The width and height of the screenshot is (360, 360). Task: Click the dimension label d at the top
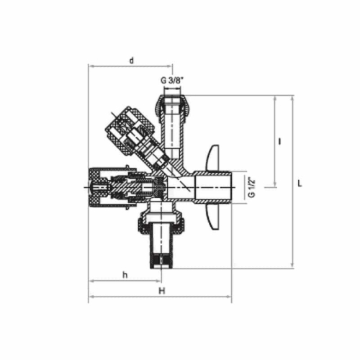(131, 60)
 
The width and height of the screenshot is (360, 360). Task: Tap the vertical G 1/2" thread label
(251, 187)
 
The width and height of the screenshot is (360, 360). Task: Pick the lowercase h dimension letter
(125, 274)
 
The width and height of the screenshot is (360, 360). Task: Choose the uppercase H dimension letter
(161, 290)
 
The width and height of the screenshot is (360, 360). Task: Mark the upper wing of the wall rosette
(215, 155)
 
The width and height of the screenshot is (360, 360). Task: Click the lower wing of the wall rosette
(214, 224)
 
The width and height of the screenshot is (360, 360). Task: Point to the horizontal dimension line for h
(125, 282)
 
